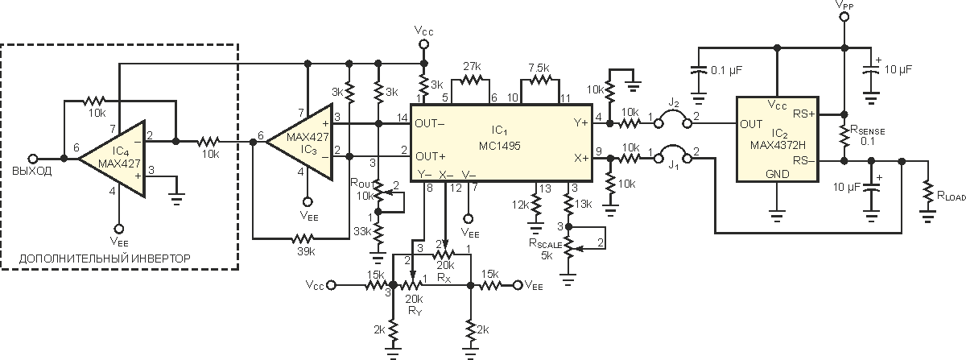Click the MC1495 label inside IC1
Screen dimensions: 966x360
(x=499, y=146)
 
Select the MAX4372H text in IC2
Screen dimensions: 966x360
(x=778, y=145)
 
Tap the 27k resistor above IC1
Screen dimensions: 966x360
(x=470, y=80)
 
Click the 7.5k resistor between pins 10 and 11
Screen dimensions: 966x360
(x=540, y=80)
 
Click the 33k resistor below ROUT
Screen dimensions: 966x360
(x=378, y=233)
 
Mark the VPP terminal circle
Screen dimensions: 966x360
(x=844, y=17)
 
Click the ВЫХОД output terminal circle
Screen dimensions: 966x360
(x=32, y=159)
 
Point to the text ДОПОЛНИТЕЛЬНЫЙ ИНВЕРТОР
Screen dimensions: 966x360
(x=105, y=259)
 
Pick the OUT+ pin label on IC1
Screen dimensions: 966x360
(x=431, y=156)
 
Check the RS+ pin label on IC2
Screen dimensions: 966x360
(x=804, y=114)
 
